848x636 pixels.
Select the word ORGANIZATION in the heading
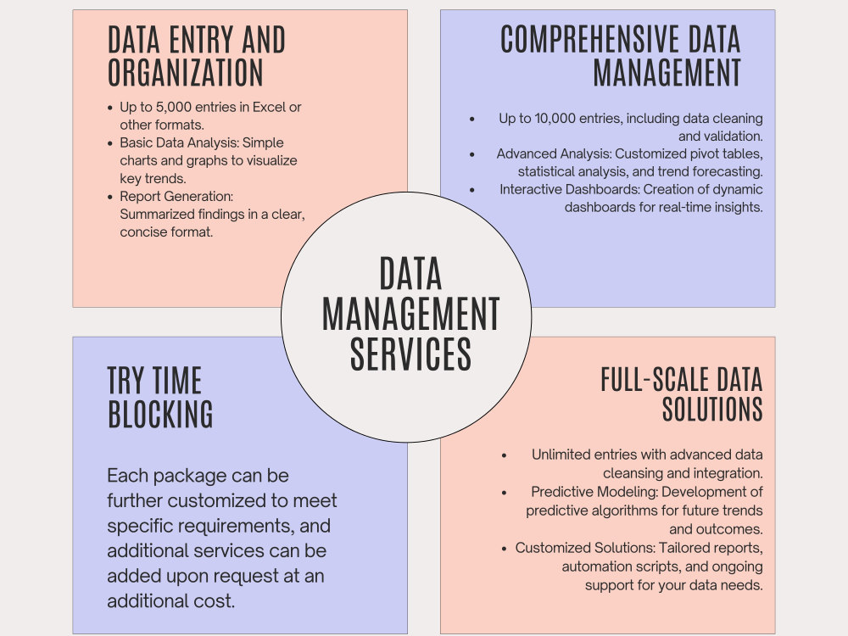186,72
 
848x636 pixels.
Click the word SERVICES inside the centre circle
410,354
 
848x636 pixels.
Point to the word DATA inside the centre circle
410,274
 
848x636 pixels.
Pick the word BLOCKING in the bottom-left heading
160,415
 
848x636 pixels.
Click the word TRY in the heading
126,380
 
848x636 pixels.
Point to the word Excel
269,107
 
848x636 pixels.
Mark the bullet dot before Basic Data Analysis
110,143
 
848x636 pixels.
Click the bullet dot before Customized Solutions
504,549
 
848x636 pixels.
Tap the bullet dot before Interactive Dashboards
472,190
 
